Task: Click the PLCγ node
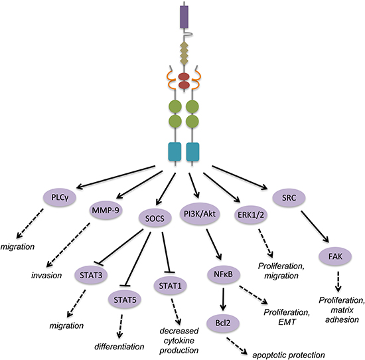click(x=60, y=197)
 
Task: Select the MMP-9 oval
click(x=106, y=211)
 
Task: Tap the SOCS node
click(x=155, y=219)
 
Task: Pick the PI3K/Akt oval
click(x=200, y=214)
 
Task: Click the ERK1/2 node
click(x=251, y=215)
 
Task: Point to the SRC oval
click(x=289, y=198)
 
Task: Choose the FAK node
click(x=335, y=256)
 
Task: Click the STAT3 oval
click(x=91, y=275)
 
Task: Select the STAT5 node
click(x=125, y=300)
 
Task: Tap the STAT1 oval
click(x=170, y=286)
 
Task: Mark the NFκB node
click(x=223, y=274)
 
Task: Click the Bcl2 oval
click(x=223, y=323)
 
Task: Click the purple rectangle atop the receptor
click(x=184, y=17)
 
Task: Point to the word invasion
click(x=46, y=276)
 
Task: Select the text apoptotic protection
click(x=289, y=355)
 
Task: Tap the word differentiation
click(x=119, y=347)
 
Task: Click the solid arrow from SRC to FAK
click(x=315, y=227)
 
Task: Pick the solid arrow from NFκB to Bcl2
click(x=223, y=300)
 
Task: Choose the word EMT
click(x=287, y=322)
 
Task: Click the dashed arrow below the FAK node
click(x=338, y=282)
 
